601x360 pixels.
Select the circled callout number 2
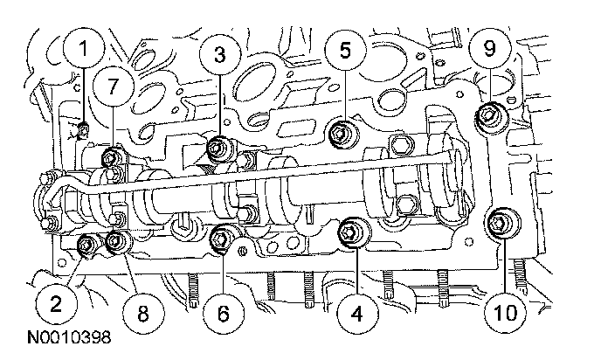54,302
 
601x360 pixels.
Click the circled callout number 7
111,85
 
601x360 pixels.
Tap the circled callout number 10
508,308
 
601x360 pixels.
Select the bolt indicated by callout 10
502,221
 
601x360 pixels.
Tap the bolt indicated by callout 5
341,133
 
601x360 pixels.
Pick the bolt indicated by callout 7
110,158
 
